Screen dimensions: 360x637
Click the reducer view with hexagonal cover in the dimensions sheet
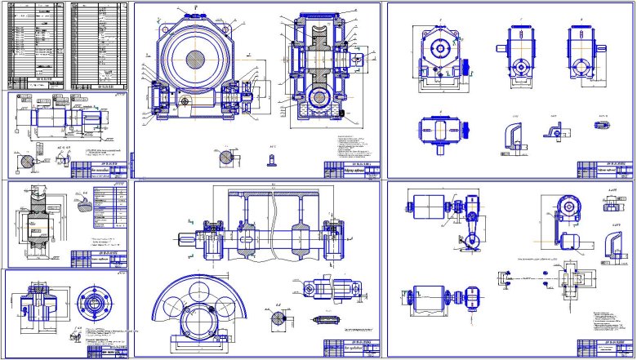pos(440,53)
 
